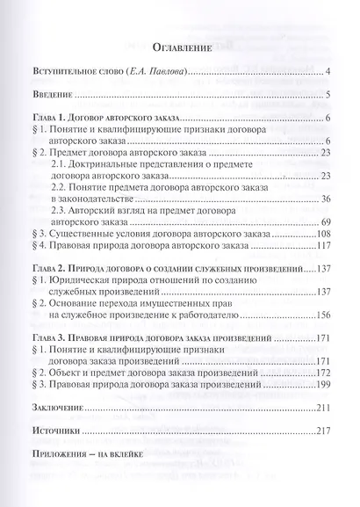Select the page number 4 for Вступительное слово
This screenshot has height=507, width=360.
coord(326,74)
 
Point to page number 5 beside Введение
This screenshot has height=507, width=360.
coord(326,97)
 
